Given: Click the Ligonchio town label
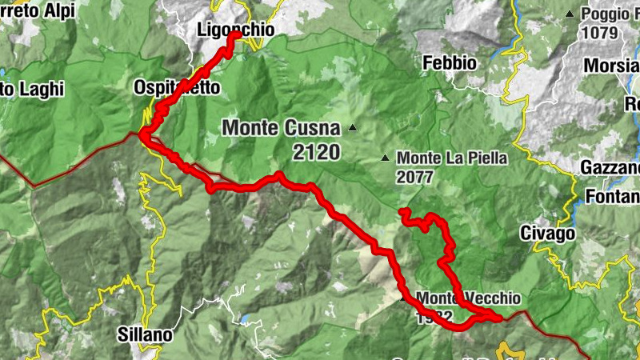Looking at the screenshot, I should coord(235,30).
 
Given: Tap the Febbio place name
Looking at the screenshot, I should coord(450,62).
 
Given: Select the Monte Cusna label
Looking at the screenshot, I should coord(281,127).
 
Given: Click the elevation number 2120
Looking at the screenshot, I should coord(317,152).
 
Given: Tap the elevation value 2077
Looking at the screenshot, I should coord(414,177).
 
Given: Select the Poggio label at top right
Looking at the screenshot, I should coord(610,14).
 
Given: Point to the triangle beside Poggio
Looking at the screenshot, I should coord(570,14).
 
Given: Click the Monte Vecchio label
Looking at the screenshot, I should coord(468,298).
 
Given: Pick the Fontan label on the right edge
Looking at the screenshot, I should coord(613,196).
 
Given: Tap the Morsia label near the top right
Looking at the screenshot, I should coord(612,65).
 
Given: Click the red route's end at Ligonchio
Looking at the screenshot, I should coord(236,37).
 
